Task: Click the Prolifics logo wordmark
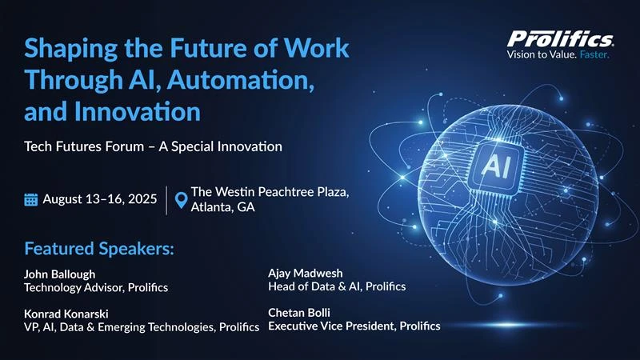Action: (x=560, y=38)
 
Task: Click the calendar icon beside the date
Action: (x=31, y=200)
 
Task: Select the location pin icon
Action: (x=181, y=201)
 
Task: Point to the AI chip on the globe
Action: (x=493, y=166)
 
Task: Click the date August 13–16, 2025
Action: (x=99, y=200)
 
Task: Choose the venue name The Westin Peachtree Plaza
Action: (x=270, y=192)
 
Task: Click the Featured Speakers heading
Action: (x=99, y=247)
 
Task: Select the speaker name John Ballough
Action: (x=60, y=274)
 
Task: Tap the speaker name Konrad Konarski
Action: (x=66, y=313)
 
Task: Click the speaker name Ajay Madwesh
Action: (x=305, y=273)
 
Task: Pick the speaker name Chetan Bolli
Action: (x=299, y=312)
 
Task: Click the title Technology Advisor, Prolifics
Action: (x=97, y=287)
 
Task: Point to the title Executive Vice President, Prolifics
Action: (x=354, y=326)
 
